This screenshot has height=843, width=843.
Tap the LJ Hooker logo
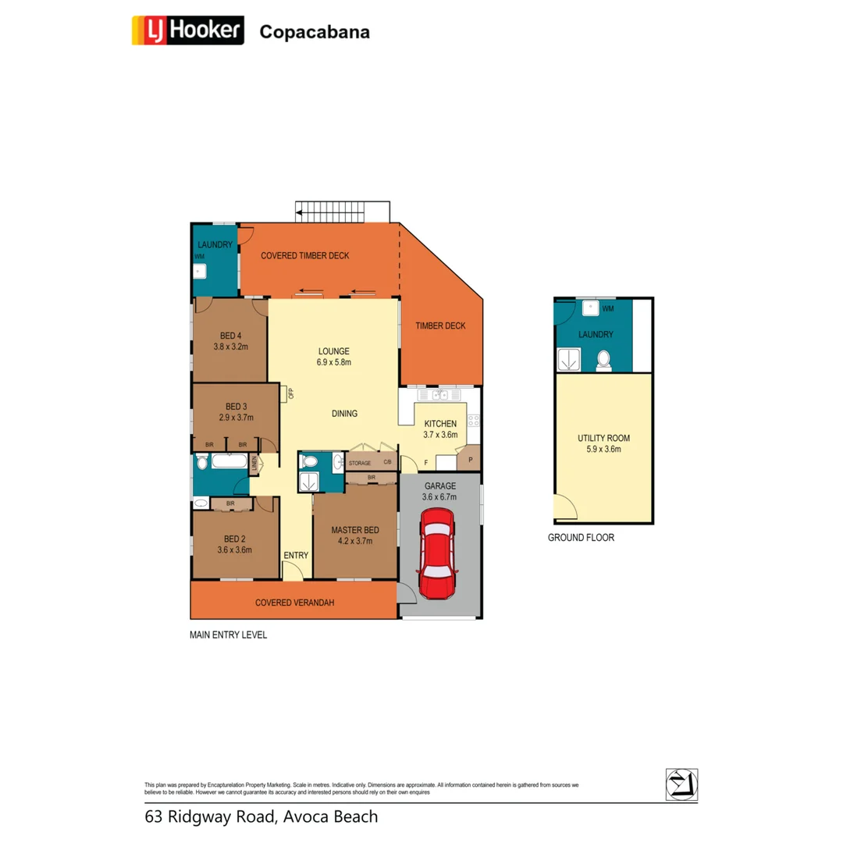[x=188, y=31]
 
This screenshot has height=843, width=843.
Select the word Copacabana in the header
[x=314, y=32]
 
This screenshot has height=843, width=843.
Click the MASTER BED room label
[x=354, y=528]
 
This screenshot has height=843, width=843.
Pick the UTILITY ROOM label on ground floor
[x=603, y=438]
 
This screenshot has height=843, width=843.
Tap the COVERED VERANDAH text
[x=294, y=603]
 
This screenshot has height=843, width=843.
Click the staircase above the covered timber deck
[x=342, y=211]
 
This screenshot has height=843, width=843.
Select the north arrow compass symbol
[x=681, y=784]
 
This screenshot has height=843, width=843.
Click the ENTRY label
[x=296, y=555]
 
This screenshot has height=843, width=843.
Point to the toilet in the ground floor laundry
[x=603, y=360]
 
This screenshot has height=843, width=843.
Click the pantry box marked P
[x=470, y=460]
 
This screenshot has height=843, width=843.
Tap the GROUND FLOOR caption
[x=581, y=538]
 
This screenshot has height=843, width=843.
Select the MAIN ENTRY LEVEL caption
[x=228, y=635]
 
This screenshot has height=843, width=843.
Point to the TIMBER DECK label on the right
[x=440, y=325]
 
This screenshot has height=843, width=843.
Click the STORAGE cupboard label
[x=360, y=463]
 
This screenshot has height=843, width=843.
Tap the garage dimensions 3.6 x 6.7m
[x=439, y=496]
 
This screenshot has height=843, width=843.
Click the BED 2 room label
[x=235, y=539]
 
